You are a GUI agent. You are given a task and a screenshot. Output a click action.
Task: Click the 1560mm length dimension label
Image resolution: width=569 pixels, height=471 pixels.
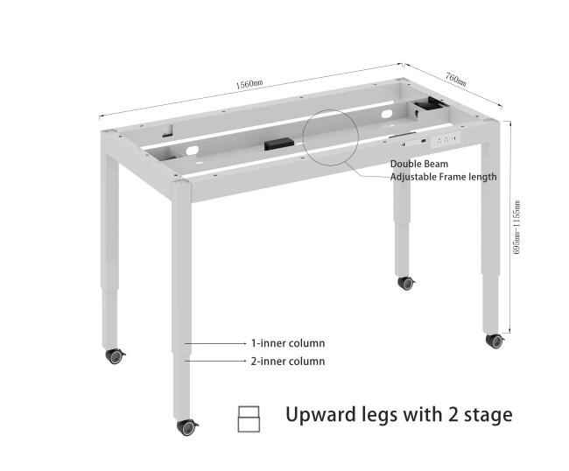pos(249,84)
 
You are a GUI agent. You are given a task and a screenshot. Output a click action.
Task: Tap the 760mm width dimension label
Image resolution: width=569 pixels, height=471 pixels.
pos(456,80)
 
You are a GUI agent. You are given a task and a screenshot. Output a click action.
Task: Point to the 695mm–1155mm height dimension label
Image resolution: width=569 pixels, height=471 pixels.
pos(516,227)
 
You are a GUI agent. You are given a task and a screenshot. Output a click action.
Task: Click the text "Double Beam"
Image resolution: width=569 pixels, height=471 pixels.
pos(419,164)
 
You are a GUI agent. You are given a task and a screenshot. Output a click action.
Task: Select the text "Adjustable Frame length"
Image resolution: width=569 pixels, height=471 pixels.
pos(444,177)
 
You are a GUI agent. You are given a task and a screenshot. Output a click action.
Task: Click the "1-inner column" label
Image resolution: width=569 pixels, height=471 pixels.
pos(288,343)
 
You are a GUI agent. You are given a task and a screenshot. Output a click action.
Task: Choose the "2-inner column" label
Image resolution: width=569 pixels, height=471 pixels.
pos(288,362)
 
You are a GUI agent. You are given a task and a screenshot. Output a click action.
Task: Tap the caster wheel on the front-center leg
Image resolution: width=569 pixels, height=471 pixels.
pos(186,427)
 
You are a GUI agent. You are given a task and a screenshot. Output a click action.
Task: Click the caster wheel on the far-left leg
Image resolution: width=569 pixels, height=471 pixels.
pos(115,356)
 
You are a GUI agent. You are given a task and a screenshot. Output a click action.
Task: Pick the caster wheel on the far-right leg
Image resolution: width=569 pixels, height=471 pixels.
pos(495,341)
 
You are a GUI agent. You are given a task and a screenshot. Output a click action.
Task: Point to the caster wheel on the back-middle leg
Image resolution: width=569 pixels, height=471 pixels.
pos(405,283)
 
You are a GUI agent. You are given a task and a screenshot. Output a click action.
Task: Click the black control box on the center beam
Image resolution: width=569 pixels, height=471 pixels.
pos(278,144)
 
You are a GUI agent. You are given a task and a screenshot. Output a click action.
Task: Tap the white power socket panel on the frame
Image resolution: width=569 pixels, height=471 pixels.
pos(446,139)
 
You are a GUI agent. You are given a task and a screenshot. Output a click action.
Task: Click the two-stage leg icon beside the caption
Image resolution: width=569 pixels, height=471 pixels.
pos(249,419)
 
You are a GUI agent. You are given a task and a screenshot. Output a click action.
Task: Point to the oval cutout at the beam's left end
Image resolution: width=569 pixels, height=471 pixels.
pos(193,150)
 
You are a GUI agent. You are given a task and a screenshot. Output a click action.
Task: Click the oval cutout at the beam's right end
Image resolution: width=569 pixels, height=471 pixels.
pos(387,115)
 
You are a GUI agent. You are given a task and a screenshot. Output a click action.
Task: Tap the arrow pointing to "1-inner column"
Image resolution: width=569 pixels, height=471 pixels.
pos(215,343)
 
